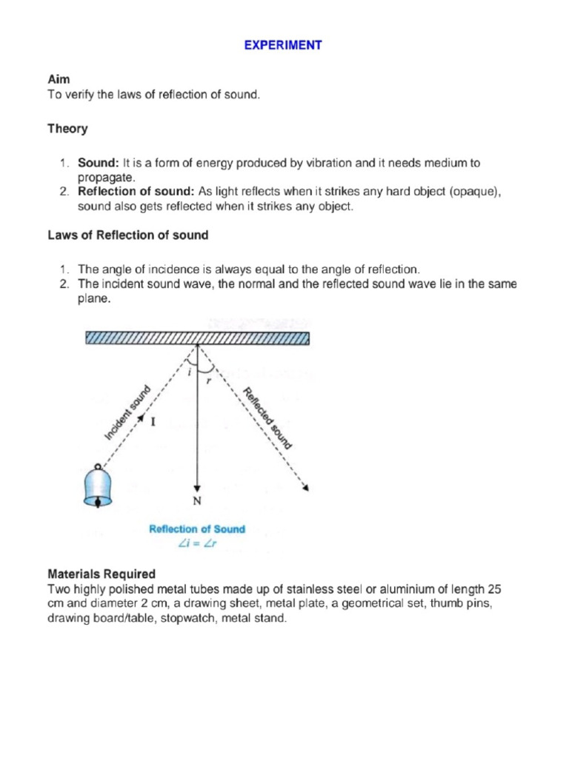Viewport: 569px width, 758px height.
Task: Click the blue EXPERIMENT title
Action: coord(284,45)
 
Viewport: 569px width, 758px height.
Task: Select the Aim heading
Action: coord(59,78)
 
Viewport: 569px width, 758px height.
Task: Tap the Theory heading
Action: coord(67,129)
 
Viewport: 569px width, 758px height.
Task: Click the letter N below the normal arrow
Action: coord(197,501)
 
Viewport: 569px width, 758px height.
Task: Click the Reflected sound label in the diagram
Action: coord(268,418)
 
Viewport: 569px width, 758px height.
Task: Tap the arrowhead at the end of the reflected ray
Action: coord(306,487)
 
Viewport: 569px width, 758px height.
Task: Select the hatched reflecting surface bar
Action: coord(197,338)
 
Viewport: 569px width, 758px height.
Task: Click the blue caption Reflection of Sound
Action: coord(197,529)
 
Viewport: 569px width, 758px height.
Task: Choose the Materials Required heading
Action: coord(102,574)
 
